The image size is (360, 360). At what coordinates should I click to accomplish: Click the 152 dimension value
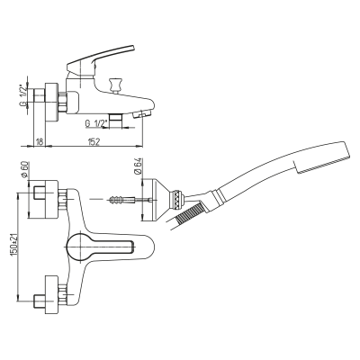click(x=94, y=142)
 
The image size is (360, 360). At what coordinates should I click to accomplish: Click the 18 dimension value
click(x=40, y=142)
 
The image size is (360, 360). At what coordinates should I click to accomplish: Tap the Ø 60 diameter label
click(x=24, y=169)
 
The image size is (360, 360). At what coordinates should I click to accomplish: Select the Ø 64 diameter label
click(x=138, y=166)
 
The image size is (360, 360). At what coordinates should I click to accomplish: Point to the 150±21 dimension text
click(x=13, y=246)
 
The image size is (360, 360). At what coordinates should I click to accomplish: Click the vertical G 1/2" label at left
click(x=23, y=95)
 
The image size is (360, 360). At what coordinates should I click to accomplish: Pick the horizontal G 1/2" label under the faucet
click(x=96, y=123)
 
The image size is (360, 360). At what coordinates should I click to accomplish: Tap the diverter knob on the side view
click(x=115, y=85)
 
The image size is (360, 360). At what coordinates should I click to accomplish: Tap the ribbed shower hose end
click(x=189, y=213)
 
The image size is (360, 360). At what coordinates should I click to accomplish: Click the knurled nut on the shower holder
click(x=177, y=200)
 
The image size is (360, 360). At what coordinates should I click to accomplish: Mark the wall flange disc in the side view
click(x=50, y=102)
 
